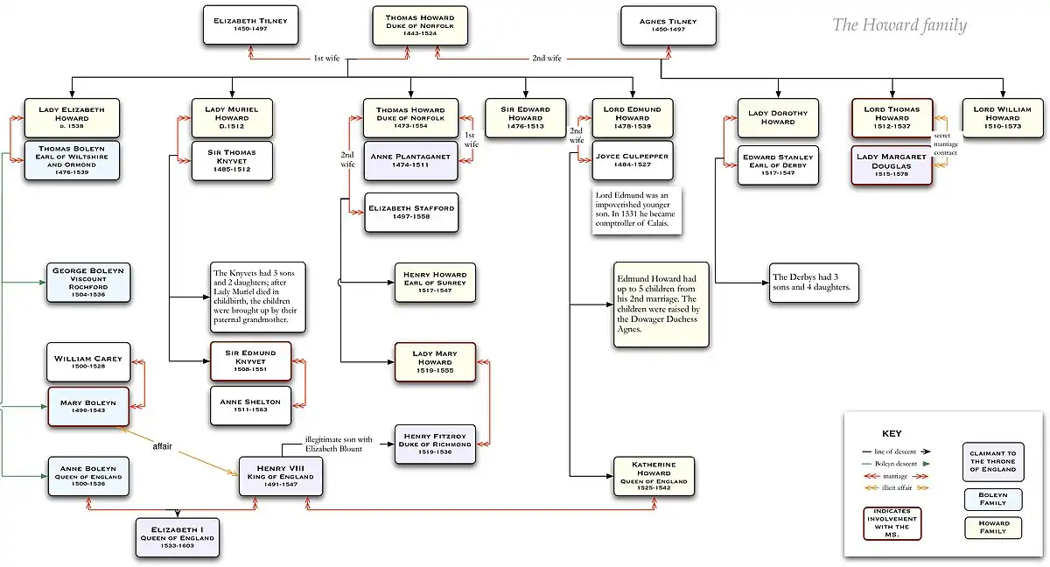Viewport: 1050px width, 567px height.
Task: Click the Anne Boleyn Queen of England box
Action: point(89,476)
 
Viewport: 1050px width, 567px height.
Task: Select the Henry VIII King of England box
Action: point(283,476)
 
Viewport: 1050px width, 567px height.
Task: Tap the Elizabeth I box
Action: point(178,536)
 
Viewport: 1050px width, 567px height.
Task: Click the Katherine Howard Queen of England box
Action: point(654,476)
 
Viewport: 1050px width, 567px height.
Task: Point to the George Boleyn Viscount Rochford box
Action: point(89,281)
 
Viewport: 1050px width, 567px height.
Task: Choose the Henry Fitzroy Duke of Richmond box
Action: point(436,444)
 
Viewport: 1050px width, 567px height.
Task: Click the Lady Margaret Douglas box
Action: point(892,165)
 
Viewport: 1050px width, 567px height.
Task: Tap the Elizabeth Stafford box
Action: point(410,213)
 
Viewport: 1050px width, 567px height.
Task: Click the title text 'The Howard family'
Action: point(899,25)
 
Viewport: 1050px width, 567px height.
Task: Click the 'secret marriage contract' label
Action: point(945,144)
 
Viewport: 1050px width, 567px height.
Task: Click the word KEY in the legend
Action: point(892,433)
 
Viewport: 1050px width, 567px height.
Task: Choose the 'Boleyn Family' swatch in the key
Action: point(987,500)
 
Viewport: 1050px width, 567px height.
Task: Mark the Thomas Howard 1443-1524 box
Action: point(419,25)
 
